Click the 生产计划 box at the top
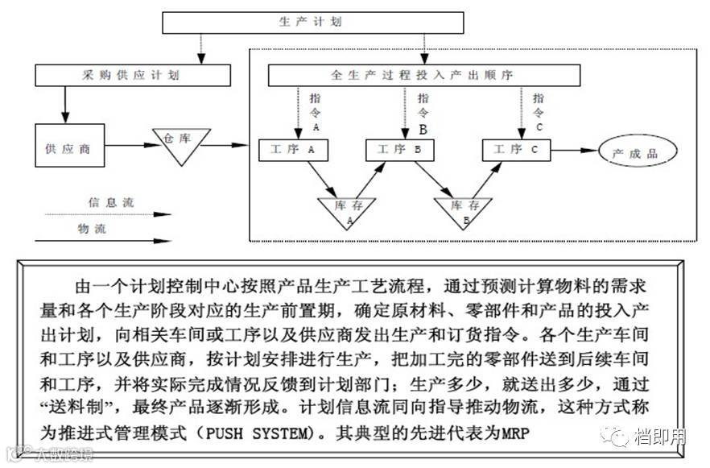pos(313,23)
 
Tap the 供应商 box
pos(70,150)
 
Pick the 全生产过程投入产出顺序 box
pos(423,75)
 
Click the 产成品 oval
pos(636,151)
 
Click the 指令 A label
pos(314,110)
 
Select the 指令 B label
pos(423,112)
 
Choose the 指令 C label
pos(539,110)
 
